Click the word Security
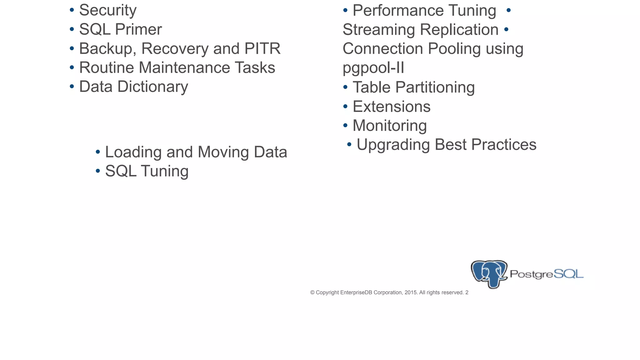click(x=108, y=10)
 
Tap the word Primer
click(x=138, y=30)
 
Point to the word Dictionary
click(x=152, y=87)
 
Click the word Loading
click(x=133, y=152)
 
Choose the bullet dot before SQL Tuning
click(x=98, y=171)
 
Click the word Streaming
click(x=378, y=30)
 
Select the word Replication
click(x=459, y=30)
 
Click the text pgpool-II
click(x=373, y=68)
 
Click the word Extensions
click(x=392, y=107)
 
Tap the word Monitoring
click(x=390, y=126)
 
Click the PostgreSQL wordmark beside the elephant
click(x=547, y=274)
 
